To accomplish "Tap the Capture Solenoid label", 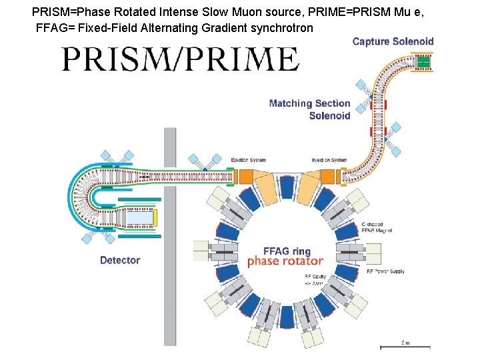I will click(x=393, y=41).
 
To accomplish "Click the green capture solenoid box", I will click(x=423, y=63).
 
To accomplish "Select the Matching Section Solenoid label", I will click(x=310, y=109).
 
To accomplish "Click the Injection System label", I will click(x=329, y=160).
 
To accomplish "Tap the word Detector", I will click(x=120, y=260).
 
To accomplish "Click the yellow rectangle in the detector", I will click(x=155, y=218).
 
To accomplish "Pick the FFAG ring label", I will click(x=287, y=251).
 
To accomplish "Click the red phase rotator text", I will click(x=285, y=261).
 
